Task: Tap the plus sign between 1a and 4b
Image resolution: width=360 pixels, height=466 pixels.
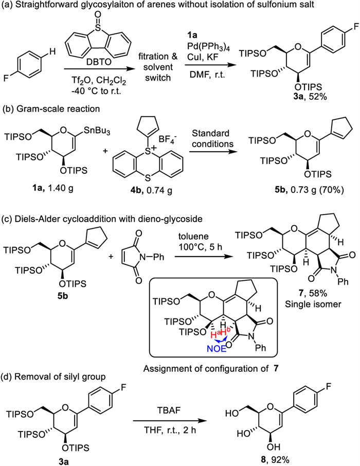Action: [x=105, y=152]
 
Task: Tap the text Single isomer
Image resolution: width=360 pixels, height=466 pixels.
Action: [x=313, y=304]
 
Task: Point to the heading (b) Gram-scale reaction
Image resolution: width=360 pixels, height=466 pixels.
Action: [x=51, y=109]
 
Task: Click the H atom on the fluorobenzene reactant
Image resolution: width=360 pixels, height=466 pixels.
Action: [x=52, y=52]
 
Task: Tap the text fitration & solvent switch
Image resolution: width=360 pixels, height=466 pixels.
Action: [x=157, y=67]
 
